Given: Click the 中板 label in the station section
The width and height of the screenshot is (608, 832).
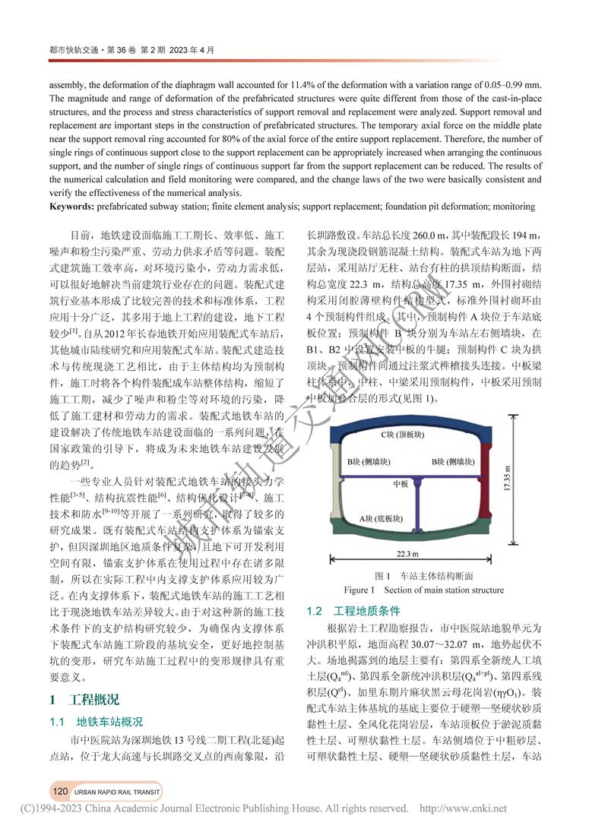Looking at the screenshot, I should coord(401,483).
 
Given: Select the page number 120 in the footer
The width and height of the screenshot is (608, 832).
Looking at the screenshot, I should coord(61,791).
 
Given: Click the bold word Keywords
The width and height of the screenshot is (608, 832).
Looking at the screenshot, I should coord(75,206).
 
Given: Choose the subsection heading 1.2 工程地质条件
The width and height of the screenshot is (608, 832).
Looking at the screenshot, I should coord(354,611).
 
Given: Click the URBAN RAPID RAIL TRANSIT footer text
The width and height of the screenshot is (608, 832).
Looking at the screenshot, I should coord(117,791).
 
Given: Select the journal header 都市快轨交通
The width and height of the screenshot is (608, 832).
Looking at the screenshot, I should coord(68,50).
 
